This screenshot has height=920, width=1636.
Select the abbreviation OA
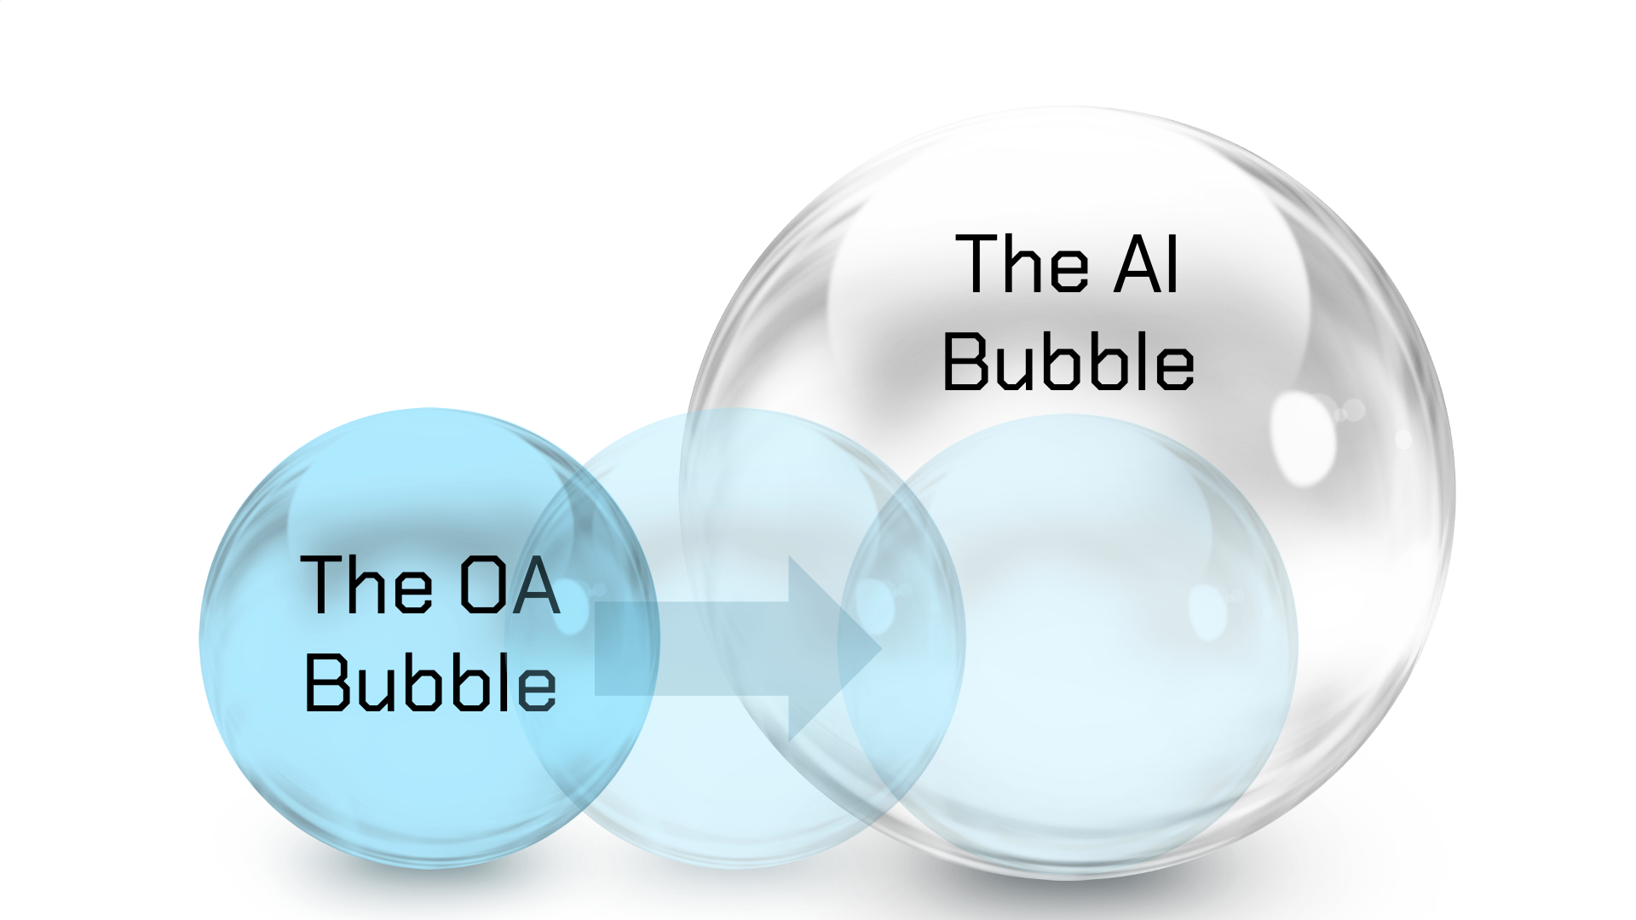(510, 585)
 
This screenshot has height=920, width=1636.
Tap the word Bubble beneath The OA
(430, 682)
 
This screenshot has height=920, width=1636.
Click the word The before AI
(1022, 265)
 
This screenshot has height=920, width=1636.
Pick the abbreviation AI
(1147, 265)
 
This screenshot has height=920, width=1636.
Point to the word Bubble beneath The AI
(1069, 362)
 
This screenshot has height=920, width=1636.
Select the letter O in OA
(481, 585)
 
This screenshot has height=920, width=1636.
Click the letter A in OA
(537, 585)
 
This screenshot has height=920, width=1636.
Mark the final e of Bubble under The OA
(537, 688)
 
